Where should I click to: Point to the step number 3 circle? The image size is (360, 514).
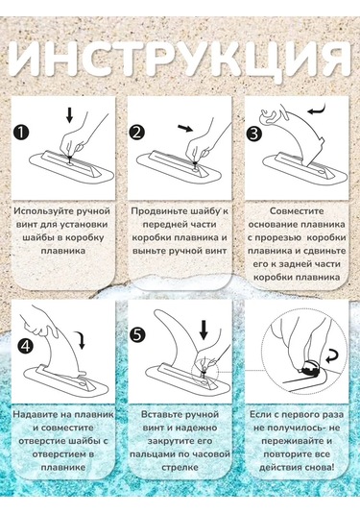tap(253, 134)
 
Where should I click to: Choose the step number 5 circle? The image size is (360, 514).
tap(138, 335)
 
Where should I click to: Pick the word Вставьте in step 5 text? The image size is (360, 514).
tap(157, 414)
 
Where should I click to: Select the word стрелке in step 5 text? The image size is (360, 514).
tap(180, 466)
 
